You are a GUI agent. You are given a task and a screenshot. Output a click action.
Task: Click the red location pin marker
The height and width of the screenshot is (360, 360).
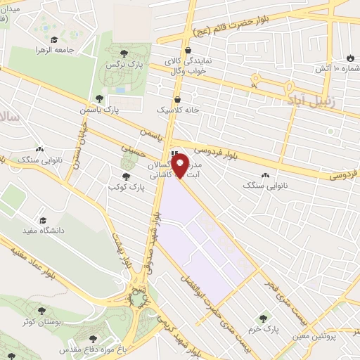click(180, 166)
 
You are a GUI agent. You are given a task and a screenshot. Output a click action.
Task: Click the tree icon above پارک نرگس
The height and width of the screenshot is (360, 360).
click(124, 53)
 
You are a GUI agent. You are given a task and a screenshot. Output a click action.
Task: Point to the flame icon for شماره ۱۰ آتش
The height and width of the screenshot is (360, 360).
click(350, 56)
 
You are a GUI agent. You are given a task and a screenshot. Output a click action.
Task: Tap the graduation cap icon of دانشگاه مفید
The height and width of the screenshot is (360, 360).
click(44, 220)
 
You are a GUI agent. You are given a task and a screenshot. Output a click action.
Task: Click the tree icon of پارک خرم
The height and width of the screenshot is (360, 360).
click(264, 318)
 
